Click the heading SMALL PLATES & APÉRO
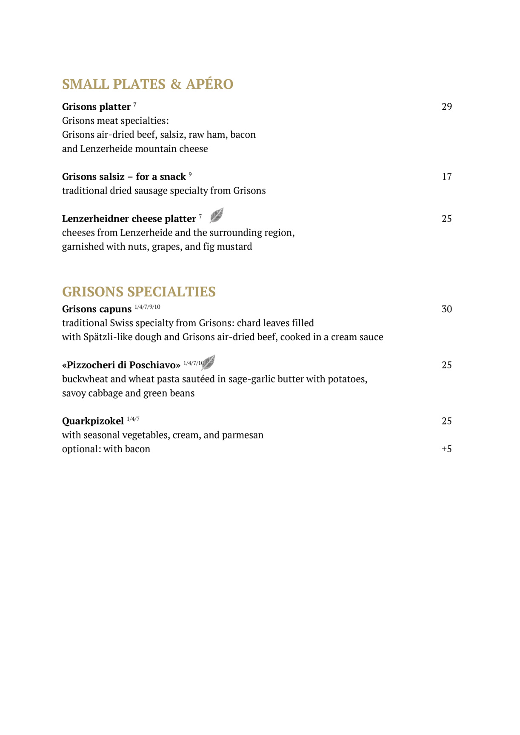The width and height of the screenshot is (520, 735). tap(148, 84)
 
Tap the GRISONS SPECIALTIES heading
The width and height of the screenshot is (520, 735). tap(139, 292)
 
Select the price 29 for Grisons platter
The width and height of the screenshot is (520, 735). tap(446, 107)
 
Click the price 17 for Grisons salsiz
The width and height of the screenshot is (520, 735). tap(446, 177)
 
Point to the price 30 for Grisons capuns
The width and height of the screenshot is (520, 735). tap(446, 309)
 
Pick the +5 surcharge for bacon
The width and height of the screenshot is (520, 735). tap(446, 449)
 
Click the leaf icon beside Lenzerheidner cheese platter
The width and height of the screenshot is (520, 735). tap(217, 216)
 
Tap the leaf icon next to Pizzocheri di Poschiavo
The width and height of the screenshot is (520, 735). tap(209, 362)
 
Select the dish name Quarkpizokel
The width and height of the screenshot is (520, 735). tap(93, 421)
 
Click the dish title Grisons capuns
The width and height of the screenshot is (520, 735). tap(97, 309)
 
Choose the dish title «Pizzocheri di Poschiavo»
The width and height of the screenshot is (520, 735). tap(121, 365)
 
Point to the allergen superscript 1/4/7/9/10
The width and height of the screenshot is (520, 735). tap(147, 307)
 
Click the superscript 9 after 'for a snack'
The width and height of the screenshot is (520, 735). tap(190, 174)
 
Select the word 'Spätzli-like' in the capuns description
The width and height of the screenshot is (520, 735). tap(108, 337)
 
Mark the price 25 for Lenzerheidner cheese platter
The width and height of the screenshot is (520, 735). tap(446, 219)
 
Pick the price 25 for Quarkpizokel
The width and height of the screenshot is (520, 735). tap(446, 421)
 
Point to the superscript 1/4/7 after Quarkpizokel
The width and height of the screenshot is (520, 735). tap(133, 419)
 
